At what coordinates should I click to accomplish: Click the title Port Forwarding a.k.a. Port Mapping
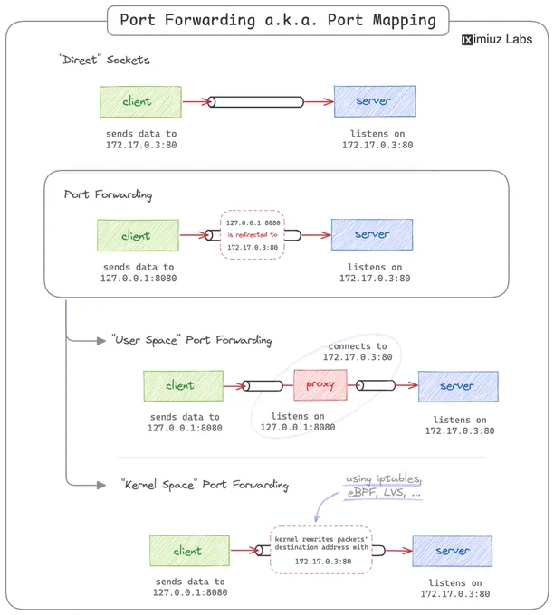[x=278, y=20]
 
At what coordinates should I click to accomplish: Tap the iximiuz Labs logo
[x=497, y=39]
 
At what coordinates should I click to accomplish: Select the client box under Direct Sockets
[x=140, y=102]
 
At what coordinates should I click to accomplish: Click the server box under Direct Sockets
[x=375, y=101]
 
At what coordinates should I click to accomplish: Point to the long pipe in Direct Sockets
[x=255, y=102]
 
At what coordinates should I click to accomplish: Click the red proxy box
[x=320, y=384]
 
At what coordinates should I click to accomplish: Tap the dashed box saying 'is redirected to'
[x=252, y=234]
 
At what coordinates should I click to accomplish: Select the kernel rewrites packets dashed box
[x=320, y=550]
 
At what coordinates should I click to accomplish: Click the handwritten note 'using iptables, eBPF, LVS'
[x=384, y=485]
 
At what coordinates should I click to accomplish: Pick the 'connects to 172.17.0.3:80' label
[x=358, y=352]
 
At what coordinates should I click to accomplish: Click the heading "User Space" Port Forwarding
[x=192, y=340]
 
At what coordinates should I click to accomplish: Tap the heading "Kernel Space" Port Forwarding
[x=205, y=485]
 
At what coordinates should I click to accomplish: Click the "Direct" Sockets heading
[x=104, y=60]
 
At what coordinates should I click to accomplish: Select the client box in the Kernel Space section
[x=189, y=551]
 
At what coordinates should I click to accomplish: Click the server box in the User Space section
[x=458, y=386]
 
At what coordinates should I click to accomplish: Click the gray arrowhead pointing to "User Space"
[x=101, y=340]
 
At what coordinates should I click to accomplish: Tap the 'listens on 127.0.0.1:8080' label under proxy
[x=298, y=421]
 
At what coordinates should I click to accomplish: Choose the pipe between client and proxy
[x=263, y=386]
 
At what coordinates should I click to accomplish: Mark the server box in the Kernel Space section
[x=453, y=551]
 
